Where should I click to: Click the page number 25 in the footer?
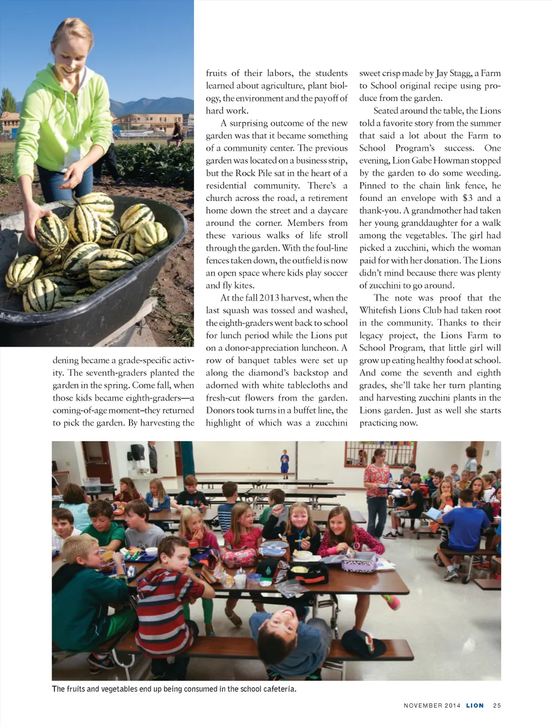coord(497,705)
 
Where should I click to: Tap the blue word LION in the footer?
coord(475,705)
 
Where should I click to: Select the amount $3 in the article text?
coord(467,198)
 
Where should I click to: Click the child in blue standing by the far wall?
coord(285,463)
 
